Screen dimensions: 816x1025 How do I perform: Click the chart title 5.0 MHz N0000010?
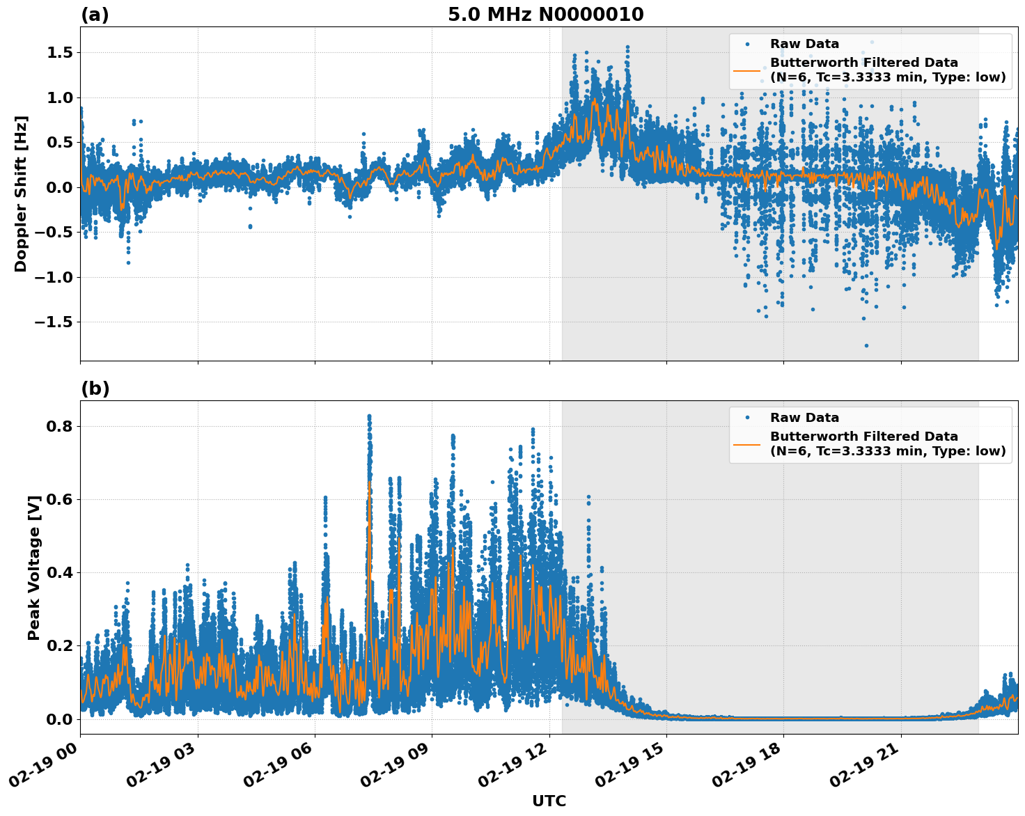(545, 15)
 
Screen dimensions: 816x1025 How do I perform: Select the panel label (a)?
(95, 15)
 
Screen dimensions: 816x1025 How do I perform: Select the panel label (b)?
(95, 389)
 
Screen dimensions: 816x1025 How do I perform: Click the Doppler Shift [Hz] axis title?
(21, 194)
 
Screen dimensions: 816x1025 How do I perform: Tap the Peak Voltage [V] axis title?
(33, 567)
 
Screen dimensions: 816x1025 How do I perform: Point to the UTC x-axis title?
(549, 801)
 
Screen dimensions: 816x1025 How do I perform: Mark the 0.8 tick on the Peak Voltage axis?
(58, 426)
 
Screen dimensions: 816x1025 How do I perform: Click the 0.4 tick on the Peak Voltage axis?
(58, 572)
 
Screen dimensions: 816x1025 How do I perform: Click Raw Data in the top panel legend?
(804, 44)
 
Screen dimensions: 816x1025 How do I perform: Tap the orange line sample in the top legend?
(746, 70)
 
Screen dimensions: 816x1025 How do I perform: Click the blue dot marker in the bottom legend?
(746, 418)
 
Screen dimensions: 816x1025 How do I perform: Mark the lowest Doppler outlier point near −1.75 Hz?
(866, 345)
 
